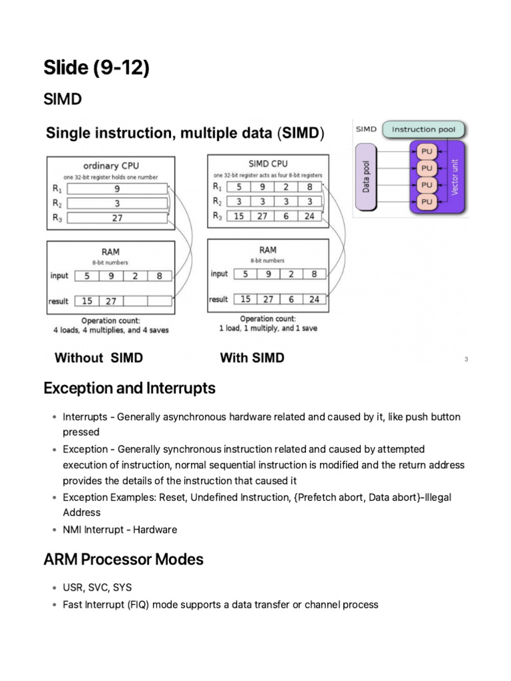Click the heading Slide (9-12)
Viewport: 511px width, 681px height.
96,67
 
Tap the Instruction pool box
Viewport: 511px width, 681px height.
423,129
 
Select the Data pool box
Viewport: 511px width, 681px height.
367,176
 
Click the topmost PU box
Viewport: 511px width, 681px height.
426,152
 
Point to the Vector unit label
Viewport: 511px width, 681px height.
455,177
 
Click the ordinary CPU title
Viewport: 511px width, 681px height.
110,166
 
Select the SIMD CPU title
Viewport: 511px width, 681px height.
267,164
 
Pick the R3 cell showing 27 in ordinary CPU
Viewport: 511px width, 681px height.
117,217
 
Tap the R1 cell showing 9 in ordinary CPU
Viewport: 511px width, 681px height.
117,188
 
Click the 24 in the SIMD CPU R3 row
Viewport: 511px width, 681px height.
309,215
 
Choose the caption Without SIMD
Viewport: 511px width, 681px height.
98,358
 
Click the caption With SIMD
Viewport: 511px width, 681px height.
252,358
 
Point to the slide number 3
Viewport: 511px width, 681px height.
466,360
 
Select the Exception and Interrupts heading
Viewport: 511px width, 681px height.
129,388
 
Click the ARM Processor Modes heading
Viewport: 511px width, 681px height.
123,559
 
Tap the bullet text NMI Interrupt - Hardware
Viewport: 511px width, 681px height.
120,530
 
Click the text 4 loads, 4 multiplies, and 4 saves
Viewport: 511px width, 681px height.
110,330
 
